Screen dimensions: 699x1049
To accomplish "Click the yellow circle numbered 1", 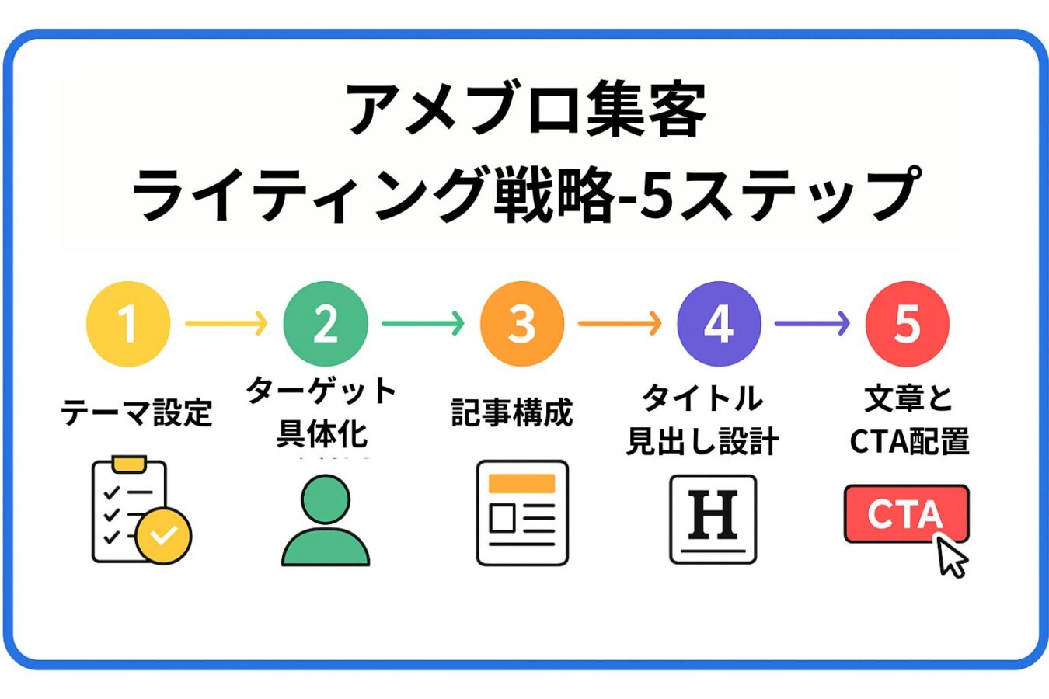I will pyautogui.click(x=128, y=323).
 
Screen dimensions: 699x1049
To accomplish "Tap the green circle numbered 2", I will pyautogui.click(x=325, y=323).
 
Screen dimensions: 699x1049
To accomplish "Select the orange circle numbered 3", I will pyautogui.click(x=521, y=323).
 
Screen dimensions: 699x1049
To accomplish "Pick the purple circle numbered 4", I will pyautogui.click(x=719, y=323).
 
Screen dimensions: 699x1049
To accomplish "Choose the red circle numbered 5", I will pyautogui.click(x=907, y=323).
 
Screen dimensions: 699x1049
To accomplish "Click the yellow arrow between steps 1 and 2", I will pyautogui.click(x=226, y=323).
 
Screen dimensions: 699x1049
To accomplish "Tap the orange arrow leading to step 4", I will pyautogui.click(x=620, y=323).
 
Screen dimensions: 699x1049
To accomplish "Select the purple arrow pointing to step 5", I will pyautogui.click(x=812, y=323).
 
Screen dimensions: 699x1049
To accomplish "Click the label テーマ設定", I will pyautogui.click(x=137, y=412).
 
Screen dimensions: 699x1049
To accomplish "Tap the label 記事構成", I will pyautogui.click(x=512, y=412).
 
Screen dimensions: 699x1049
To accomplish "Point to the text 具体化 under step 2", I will pyautogui.click(x=322, y=433).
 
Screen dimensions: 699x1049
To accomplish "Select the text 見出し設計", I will pyautogui.click(x=702, y=441).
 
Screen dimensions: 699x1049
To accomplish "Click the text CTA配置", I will pyautogui.click(x=909, y=441).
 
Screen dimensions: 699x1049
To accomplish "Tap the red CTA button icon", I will pyautogui.click(x=901, y=513).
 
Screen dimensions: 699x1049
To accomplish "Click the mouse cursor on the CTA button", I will pyautogui.click(x=951, y=557).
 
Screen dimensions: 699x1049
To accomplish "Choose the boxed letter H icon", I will pyautogui.click(x=713, y=518).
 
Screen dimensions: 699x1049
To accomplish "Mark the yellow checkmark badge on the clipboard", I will pyautogui.click(x=163, y=535).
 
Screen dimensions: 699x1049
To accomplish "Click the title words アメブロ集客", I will pyautogui.click(x=525, y=110).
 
